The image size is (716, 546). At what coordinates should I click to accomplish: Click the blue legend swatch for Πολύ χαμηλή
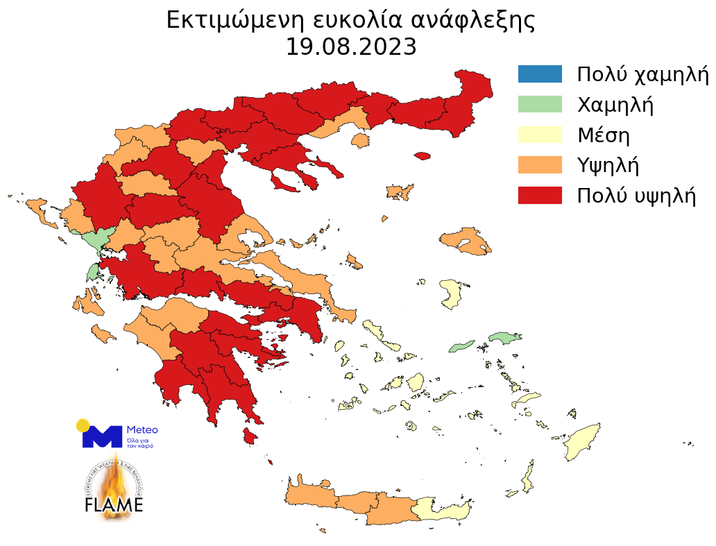coord(540,74)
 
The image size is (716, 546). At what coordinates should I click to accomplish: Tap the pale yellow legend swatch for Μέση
coord(540,135)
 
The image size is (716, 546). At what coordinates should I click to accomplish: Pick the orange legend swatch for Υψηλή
coord(540,165)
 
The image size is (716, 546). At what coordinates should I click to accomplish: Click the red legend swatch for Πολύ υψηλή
coord(540,196)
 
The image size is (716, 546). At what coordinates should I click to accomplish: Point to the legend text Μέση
coord(604,135)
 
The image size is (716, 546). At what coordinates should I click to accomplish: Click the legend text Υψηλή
coord(608,165)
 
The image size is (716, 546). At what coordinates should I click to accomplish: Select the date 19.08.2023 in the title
coord(351,47)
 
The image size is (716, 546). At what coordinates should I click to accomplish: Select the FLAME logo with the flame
coord(114,490)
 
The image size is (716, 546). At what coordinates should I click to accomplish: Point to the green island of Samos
coord(504,338)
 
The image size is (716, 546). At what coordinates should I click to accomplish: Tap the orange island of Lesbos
coord(465,240)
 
